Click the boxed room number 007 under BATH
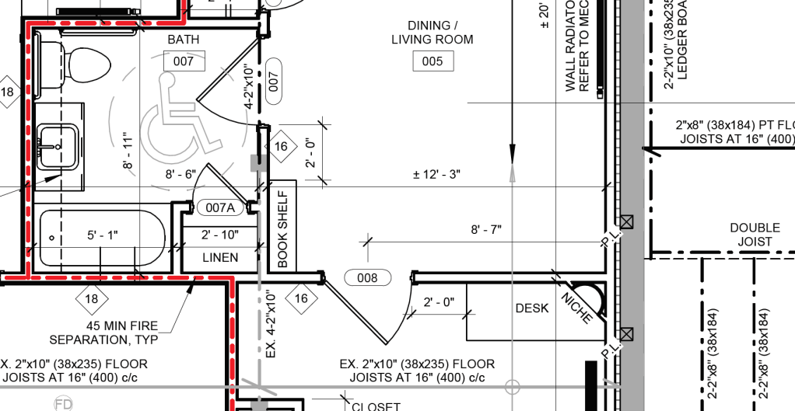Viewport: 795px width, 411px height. (184, 61)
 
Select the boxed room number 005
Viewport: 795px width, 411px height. (432, 61)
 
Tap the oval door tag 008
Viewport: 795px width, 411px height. (366, 278)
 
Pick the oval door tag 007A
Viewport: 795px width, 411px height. (220, 207)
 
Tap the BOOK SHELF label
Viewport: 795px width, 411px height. (282, 229)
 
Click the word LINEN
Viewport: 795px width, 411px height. (220, 257)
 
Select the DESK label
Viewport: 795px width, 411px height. (532, 308)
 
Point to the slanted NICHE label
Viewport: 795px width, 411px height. (576, 306)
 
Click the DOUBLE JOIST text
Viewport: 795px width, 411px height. (754, 235)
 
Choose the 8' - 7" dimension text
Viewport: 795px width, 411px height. (486, 229)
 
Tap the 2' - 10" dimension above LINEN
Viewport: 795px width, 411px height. (220, 235)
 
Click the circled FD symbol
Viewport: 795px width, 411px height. (63, 404)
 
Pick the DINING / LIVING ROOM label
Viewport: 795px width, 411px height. (432, 33)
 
